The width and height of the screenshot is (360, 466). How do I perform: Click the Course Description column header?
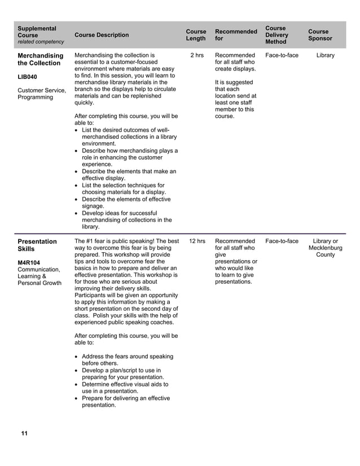point(102,35)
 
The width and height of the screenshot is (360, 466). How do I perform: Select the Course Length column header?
point(196,35)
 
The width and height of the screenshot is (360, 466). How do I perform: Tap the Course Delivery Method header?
point(276,35)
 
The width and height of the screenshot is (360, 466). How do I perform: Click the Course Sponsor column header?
point(320,35)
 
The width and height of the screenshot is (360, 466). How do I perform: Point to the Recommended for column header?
point(236,35)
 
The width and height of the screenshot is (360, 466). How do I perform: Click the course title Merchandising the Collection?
point(40,59)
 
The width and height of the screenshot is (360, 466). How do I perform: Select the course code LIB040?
point(28,76)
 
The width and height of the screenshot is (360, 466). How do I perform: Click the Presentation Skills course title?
point(37,245)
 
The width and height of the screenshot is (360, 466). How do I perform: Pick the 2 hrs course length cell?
point(196,55)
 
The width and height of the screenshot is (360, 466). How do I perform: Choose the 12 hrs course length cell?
point(197,241)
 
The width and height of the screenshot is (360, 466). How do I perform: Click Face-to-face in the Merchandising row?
point(282,55)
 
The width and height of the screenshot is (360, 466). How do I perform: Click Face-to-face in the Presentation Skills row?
point(282,241)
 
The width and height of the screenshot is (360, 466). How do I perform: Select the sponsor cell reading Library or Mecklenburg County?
point(325,248)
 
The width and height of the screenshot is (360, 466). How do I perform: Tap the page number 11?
point(24,433)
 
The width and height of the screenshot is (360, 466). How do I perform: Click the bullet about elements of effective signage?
point(126,203)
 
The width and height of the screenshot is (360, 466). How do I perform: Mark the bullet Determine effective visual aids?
point(125,388)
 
